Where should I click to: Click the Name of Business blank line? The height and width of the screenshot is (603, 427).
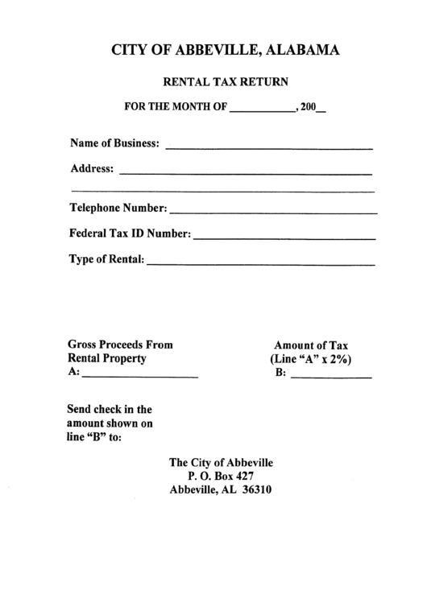tap(268, 148)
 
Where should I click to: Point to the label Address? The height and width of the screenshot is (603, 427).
tap(93, 169)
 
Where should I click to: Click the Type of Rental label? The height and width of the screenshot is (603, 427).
tap(107, 259)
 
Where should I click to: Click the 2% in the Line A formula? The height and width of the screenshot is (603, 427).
tap(341, 359)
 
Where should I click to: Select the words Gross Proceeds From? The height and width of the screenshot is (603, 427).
tap(120, 344)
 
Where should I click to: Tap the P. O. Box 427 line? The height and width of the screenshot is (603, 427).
tap(221, 476)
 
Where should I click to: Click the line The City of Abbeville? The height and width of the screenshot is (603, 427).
tap(221, 462)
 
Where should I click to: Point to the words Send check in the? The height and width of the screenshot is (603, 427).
tap(109, 409)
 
